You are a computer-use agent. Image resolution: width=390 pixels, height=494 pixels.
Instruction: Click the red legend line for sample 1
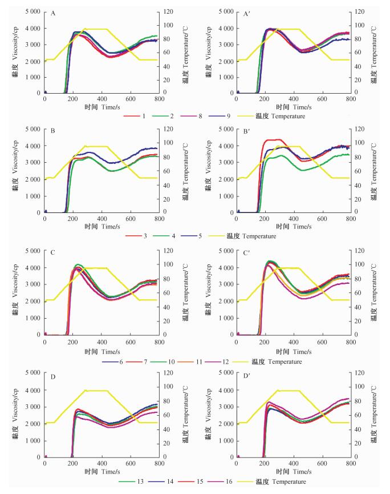(x=131, y=116)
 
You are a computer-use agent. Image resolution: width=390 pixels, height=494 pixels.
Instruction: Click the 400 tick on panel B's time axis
(x=102, y=219)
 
